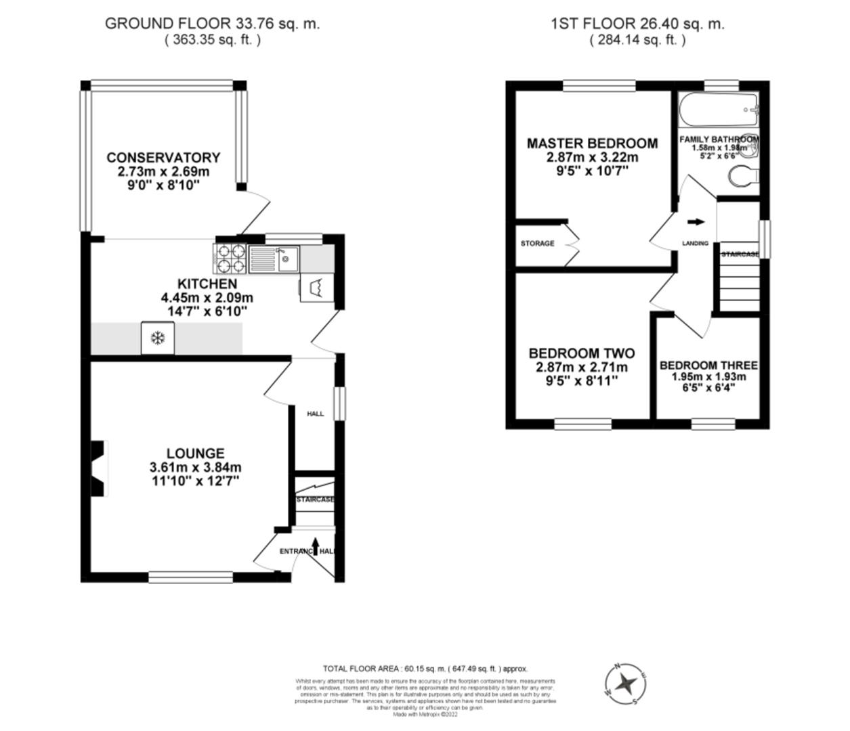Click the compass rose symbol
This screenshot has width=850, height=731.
pyautogui.click(x=624, y=683)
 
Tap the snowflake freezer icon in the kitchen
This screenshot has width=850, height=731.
pyautogui.click(x=158, y=338)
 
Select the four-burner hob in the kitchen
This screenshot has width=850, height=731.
pyautogui.click(x=232, y=258)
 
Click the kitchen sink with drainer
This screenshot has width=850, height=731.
pyautogui.click(x=274, y=258)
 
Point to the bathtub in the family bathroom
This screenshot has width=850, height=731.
pyautogui.click(x=718, y=110)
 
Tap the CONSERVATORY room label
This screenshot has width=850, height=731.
pyautogui.click(x=163, y=158)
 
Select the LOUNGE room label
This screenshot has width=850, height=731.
pyautogui.click(x=195, y=453)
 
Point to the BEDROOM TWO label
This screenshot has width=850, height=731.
pyautogui.click(x=581, y=353)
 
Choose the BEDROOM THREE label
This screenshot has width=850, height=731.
pyautogui.click(x=708, y=365)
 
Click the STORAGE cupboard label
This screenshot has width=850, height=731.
pyautogui.click(x=537, y=244)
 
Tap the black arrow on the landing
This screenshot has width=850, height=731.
pyautogui.click(x=695, y=221)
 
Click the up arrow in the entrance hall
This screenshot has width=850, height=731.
pyautogui.click(x=316, y=546)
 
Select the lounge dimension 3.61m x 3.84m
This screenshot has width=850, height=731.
pyautogui.click(x=195, y=468)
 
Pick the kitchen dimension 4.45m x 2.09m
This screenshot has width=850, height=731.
pyautogui.click(x=207, y=298)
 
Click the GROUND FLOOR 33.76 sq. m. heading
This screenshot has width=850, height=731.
pyautogui.click(x=212, y=24)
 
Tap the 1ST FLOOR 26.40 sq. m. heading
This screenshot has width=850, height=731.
pyautogui.click(x=637, y=24)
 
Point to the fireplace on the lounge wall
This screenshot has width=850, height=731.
pyautogui.click(x=99, y=468)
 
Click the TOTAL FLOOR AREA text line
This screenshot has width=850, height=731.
pyautogui.click(x=425, y=669)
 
